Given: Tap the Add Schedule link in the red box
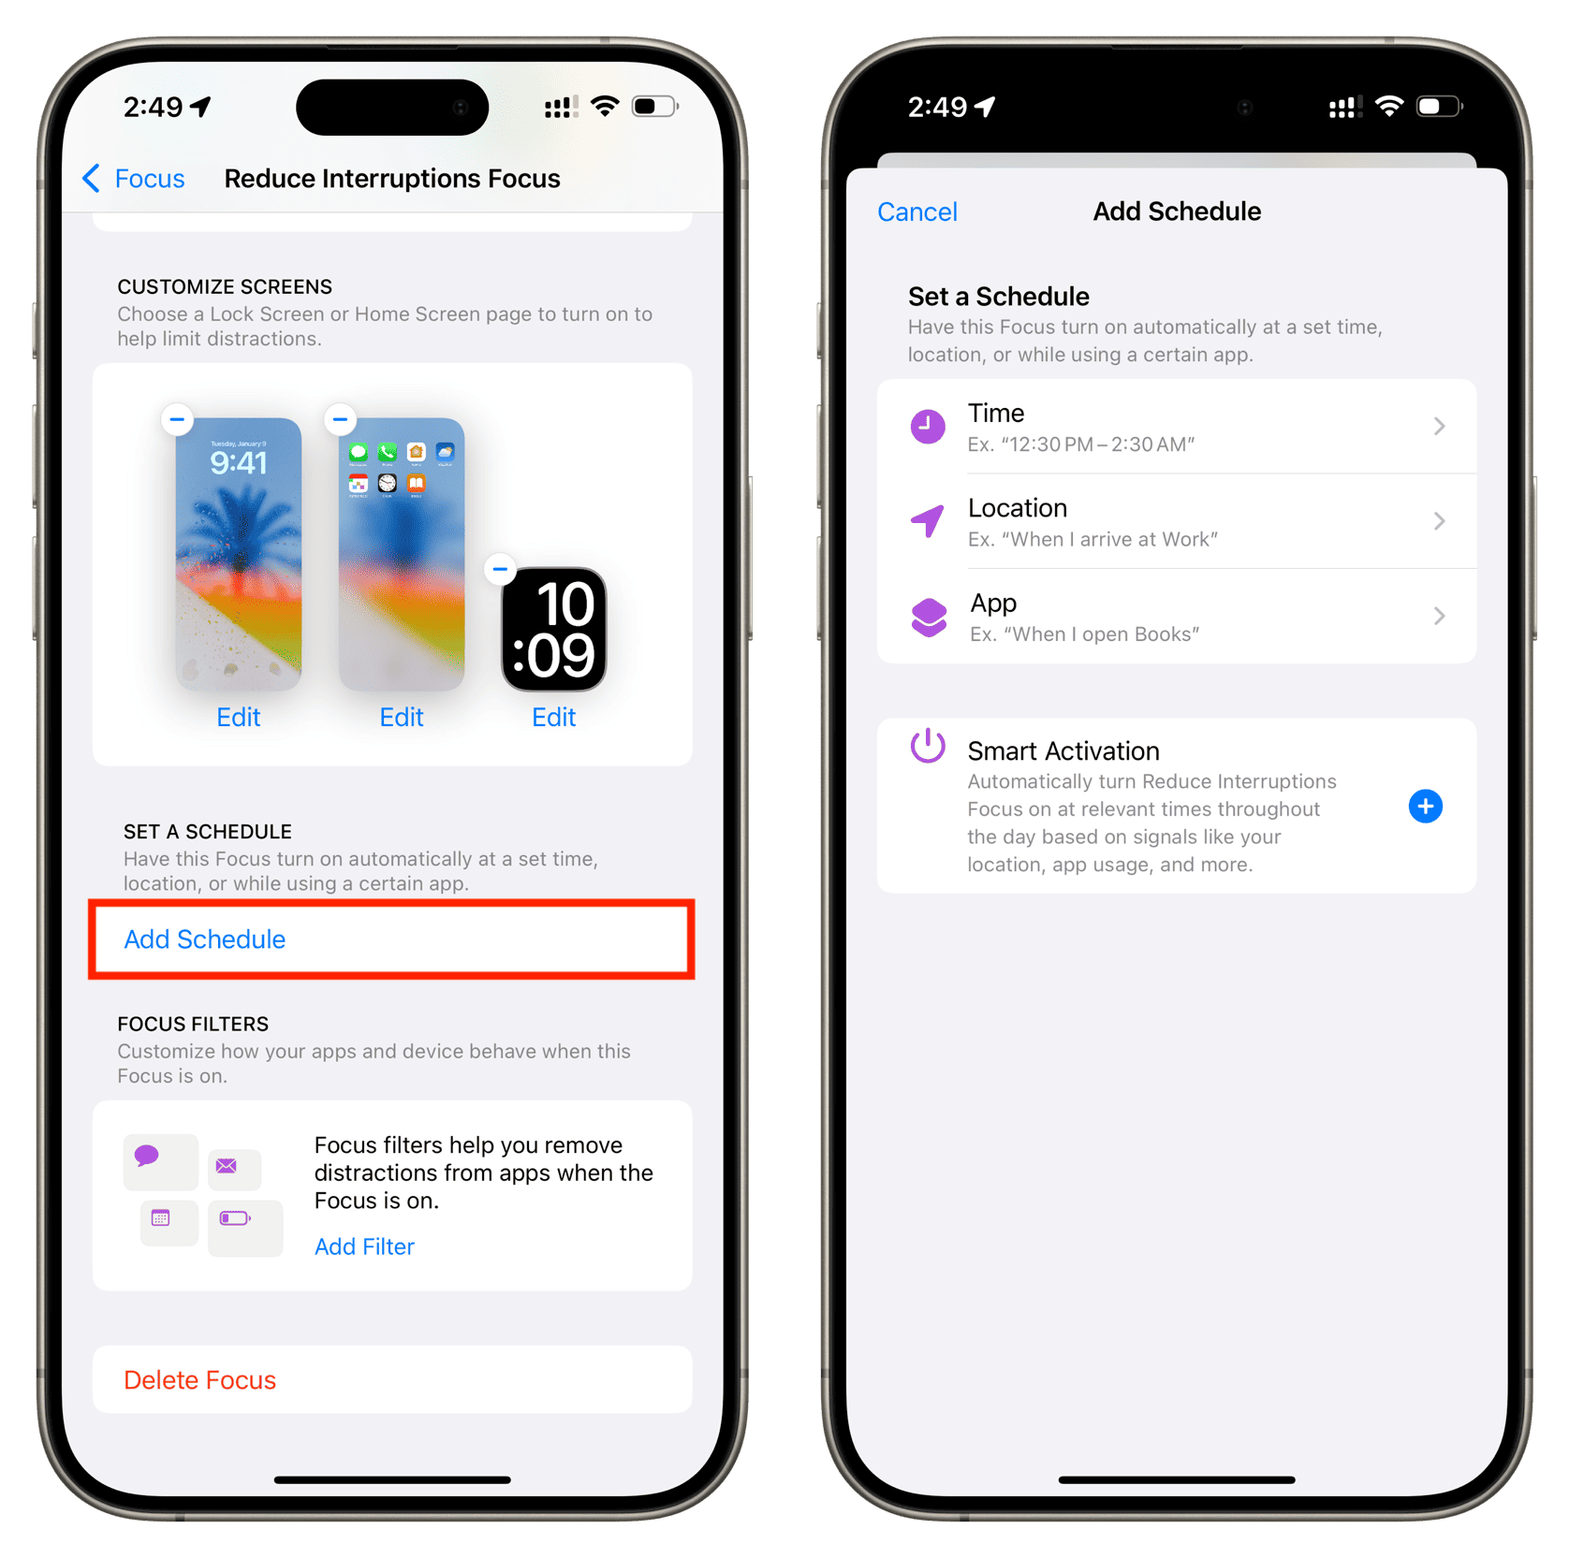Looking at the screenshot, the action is (205, 939).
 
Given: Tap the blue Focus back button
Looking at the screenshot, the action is (134, 179).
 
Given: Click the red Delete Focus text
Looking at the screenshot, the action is (200, 1380).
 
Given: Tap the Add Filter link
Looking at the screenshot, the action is (364, 1246).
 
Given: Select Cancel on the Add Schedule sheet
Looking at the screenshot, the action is (917, 212).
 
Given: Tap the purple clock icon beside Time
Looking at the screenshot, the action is (928, 427).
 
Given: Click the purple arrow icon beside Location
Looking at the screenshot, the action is (928, 521).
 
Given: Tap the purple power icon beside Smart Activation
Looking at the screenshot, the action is (928, 747).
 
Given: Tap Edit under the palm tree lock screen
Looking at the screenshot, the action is (239, 718).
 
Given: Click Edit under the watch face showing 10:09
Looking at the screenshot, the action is (554, 718).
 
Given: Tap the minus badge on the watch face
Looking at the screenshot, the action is (501, 569).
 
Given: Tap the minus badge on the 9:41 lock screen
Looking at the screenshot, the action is (178, 419).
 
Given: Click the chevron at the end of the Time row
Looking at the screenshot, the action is (1440, 427).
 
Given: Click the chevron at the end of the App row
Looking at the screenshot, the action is (1440, 616).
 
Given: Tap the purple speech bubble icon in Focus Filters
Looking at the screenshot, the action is (147, 1156).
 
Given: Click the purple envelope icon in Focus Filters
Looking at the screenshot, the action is (227, 1166).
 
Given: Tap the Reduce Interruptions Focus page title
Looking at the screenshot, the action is (392, 179).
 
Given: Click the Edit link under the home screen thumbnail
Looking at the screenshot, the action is (402, 718).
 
